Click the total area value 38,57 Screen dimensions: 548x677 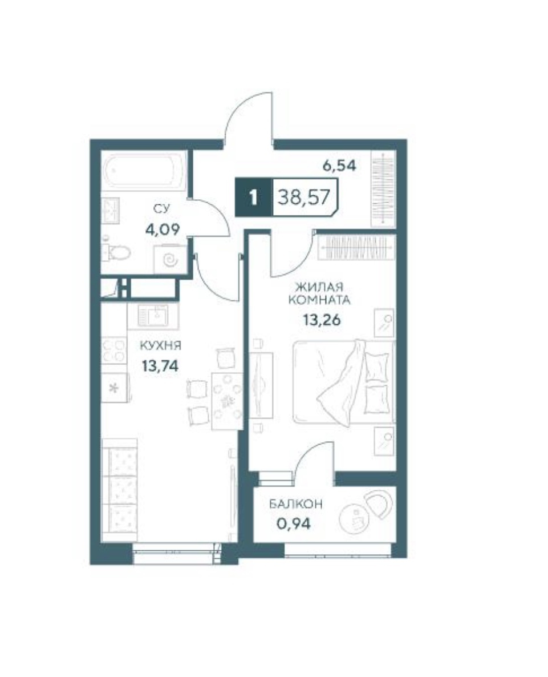point(304,198)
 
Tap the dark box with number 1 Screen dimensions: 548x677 point(254,198)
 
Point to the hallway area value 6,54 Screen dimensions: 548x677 point(340,166)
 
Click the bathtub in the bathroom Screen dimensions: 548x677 point(144,171)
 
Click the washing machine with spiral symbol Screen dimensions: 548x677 point(171,260)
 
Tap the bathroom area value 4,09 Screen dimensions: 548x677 point(162,229)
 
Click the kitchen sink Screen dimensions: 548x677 point(153,316)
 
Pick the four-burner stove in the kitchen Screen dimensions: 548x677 point(114,350)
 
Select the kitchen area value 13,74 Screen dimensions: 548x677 point(160,366)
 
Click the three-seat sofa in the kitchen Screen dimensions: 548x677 point(119,490)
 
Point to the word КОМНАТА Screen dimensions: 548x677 point(319,300)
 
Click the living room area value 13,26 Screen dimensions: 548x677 point(322,320)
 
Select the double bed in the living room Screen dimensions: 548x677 point(344,382)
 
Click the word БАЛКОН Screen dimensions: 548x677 point(296,504)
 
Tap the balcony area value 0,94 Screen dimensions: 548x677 point(293,523)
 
